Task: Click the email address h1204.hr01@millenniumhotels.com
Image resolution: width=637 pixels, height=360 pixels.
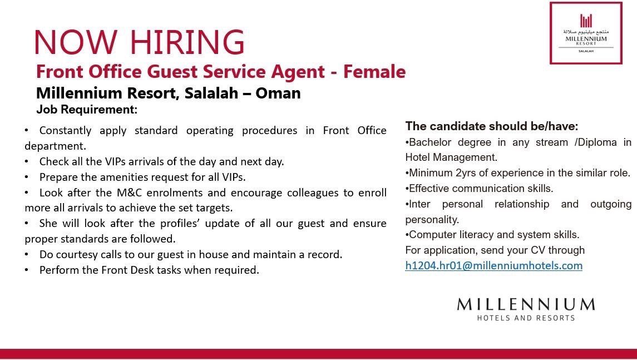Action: click(x=493, y=266)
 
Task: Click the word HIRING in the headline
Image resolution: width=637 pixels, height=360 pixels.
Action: click(x=187, y=42)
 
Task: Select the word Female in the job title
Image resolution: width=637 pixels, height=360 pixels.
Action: click(x=374, y=72)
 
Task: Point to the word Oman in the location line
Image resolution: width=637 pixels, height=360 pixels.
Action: click(x=278, y=93)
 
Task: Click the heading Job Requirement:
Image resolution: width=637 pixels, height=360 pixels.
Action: click(x=87, y=110)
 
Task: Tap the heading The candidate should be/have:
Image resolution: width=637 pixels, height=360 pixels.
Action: click(x=492, y=126)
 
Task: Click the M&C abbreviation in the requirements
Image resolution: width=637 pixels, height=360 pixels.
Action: click(x=129, y=192)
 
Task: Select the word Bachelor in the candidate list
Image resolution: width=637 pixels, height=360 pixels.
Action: click(x=430, y=142)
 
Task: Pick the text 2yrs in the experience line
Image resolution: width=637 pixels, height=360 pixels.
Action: click(x=466, y=173)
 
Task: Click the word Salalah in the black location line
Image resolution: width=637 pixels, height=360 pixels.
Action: click(x=211, y=93)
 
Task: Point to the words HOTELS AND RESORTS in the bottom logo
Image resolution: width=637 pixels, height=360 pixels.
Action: click(x=526, y=318)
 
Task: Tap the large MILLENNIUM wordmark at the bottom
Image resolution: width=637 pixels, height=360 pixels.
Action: click(x=526, y=304)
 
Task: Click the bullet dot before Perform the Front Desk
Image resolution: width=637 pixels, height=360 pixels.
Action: click(x=26, y=270)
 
